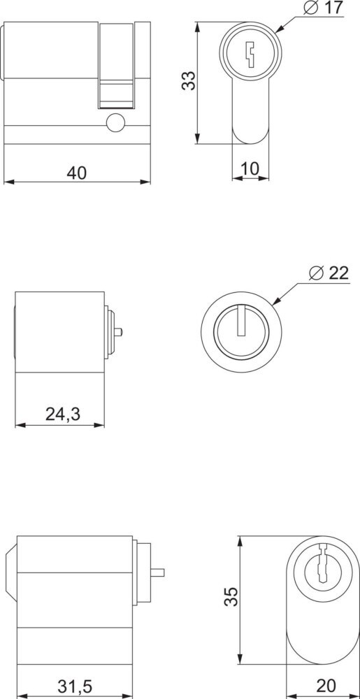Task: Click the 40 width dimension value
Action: [76, 173]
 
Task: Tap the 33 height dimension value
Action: [189, 80]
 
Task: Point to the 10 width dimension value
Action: [250, 169]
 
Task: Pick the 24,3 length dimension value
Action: [62, 415]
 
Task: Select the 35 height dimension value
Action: [231, 596]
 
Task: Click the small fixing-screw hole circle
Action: [115, 122]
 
